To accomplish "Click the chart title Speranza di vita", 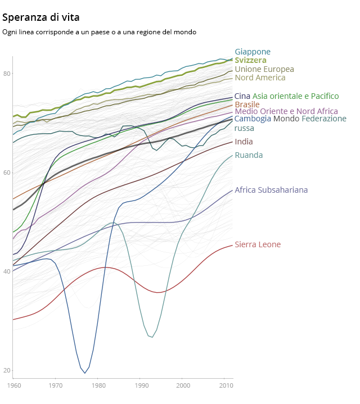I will coord(40,17).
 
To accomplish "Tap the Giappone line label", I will coord(253,52).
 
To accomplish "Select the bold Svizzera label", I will coord(250,60).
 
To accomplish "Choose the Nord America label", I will coord(260,78).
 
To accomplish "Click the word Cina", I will coord(242,96).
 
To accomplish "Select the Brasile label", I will coord(247,105).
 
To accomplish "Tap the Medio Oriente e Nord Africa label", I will coord(286,111).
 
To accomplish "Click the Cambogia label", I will coord(253,119).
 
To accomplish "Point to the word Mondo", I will coord(286,119).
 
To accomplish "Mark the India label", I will coord(244,142).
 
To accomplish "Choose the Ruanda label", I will coord(249,155).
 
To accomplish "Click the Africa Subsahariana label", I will coord(271,190).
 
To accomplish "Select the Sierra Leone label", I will coord(258,244).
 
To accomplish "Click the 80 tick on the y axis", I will coord(6,74).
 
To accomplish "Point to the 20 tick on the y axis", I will coord(6,370).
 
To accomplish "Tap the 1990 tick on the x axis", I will coord(141,385).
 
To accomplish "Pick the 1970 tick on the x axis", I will coord(56,385).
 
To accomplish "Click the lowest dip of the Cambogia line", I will coord(85,373).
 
